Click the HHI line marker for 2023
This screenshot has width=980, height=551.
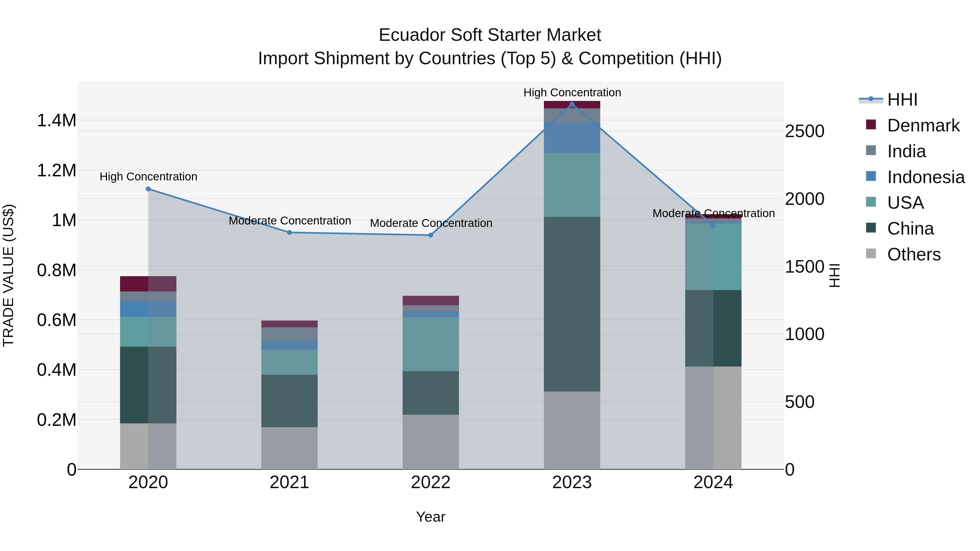572,104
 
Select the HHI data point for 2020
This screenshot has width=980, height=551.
148,189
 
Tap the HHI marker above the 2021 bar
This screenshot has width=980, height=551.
290,232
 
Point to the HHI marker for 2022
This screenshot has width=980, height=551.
431,235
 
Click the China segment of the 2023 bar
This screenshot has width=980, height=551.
572,304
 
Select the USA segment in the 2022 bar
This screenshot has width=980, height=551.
431,344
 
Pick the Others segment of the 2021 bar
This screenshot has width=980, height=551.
290,448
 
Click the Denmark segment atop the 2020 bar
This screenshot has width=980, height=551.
148,284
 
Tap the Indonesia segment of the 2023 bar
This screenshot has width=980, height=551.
572,138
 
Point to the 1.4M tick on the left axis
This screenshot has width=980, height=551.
57,121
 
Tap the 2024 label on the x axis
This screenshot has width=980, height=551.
713,482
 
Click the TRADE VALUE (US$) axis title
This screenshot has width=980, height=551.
8,275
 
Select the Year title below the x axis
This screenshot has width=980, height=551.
431,517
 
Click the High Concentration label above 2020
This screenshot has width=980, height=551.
148,177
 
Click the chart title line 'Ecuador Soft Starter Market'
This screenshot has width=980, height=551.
490,35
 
